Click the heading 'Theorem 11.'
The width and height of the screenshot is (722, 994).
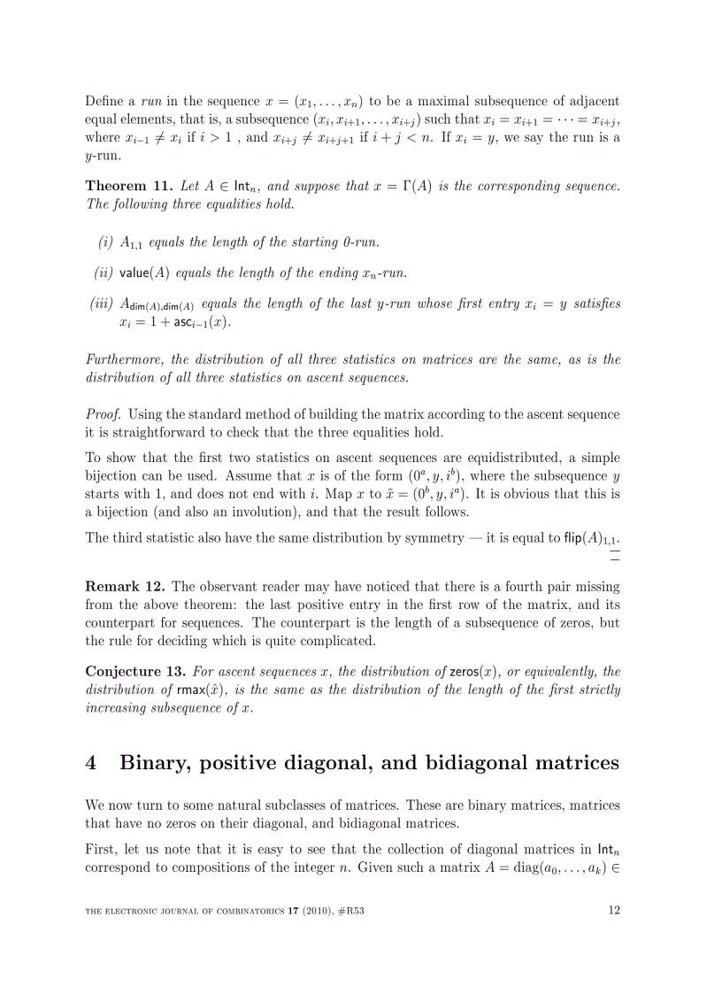(129, 187)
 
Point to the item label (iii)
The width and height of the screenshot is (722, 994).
(103, 304)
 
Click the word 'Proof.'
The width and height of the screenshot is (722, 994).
(103, 414)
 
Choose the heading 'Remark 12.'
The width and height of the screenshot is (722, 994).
(125, 586)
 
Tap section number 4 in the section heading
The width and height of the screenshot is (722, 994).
(91, 763)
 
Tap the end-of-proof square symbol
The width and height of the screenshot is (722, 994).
(614, 555)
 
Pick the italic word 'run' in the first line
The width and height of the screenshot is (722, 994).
(151, 101)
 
